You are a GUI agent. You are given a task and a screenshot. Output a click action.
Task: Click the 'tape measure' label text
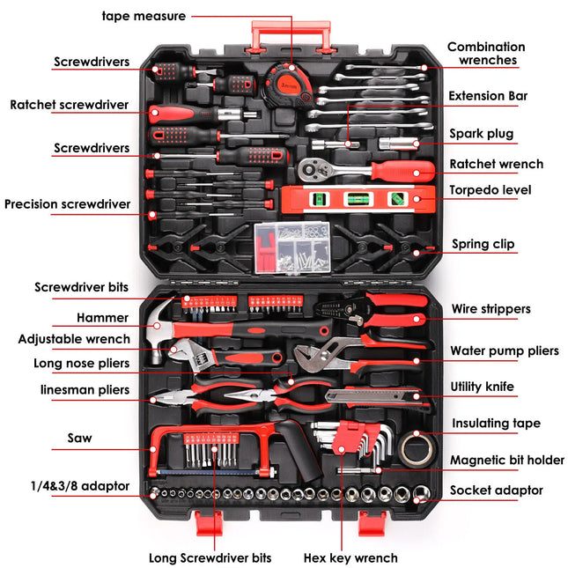(144, 16)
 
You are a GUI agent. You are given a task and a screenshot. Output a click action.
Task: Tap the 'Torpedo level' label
(491, 190)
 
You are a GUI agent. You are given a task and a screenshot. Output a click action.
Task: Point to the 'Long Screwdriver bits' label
(210, 557)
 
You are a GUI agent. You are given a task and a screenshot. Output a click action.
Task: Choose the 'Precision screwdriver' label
(67, 204)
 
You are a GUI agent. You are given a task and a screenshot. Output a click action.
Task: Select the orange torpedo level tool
(356, 199)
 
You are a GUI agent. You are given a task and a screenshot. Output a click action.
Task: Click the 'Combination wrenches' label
(485, 54)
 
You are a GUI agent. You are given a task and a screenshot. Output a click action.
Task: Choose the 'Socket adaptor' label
(496, 491)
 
